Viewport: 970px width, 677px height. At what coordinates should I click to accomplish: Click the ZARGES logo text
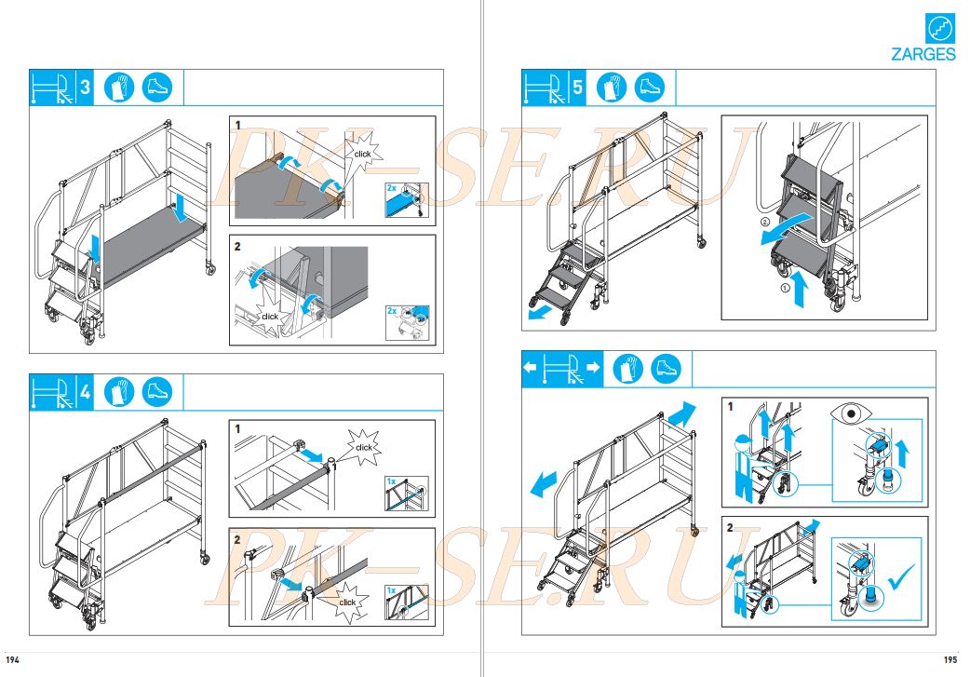point(923,54)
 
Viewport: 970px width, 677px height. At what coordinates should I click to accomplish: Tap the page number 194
point(12,659)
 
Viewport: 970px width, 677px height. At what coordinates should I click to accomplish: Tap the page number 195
point(950,659)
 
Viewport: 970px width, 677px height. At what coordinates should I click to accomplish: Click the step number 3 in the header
point(85,88)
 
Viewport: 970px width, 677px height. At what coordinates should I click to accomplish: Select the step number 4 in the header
point(85,392)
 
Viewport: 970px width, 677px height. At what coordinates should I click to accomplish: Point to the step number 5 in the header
point(577,88)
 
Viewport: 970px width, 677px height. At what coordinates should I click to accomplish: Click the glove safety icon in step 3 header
point(119,88)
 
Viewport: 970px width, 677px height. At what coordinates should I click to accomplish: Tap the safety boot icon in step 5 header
point(650,88)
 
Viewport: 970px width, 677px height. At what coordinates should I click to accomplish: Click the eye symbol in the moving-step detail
point(852,413)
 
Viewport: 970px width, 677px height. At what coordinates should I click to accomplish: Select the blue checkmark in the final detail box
point(901,577)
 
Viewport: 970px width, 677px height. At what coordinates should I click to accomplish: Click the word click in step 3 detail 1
point(362,154)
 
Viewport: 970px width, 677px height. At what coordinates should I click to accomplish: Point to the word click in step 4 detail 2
point(347,603)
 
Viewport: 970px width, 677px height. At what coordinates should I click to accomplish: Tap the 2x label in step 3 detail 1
point(392,187)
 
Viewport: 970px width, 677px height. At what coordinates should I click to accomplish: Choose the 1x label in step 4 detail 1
point(391,481)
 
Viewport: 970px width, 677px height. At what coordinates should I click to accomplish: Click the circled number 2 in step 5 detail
point(765,222)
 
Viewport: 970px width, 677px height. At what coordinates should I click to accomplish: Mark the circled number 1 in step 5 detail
point(786,288)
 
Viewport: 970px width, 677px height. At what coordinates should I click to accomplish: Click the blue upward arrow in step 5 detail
point(801,289)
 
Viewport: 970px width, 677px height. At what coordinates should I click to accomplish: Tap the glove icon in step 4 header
point(119,392)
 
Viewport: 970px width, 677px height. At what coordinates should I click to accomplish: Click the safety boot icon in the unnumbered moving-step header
point(666,369)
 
